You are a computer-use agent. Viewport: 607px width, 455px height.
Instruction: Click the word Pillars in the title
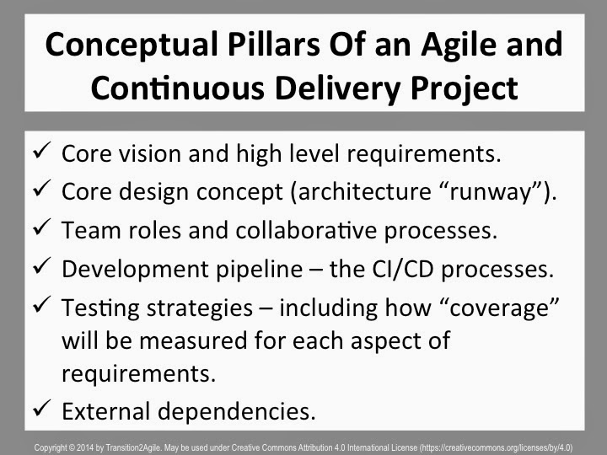274,44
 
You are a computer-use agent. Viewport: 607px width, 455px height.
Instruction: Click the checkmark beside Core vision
42,150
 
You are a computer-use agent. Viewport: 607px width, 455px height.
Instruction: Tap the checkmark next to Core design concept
42,189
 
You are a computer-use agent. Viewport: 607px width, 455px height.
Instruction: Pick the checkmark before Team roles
42,227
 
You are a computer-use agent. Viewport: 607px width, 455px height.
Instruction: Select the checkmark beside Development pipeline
42,265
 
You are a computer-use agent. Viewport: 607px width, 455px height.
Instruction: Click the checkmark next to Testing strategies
42,304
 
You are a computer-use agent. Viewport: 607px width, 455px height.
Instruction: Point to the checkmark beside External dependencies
42,408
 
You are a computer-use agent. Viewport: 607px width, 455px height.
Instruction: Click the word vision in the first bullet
150,153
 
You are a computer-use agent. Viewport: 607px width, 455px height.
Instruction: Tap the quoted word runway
492,192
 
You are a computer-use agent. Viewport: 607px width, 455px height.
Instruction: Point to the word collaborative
306,231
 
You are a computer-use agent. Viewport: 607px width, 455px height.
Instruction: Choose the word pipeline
260,270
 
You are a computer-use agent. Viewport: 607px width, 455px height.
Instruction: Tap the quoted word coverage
500,308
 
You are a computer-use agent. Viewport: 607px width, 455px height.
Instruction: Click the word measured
193,341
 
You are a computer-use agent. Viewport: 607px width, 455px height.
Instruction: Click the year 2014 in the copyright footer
85,448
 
